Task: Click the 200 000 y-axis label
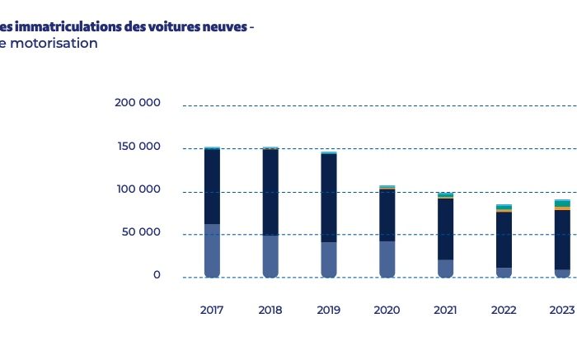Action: pos(138,103)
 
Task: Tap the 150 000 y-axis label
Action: pos(138,147)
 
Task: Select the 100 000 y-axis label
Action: pos(138,189)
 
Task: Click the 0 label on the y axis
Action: pos(157,275)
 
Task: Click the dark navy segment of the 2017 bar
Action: pos(212,186)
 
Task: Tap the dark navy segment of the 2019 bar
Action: pos(329,198)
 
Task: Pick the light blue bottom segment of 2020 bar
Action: pos(387,259)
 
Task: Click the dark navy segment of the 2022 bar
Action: pos(504,240)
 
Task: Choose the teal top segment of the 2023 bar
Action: pos(561,203)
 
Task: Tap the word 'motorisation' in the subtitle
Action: pos(57,44)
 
